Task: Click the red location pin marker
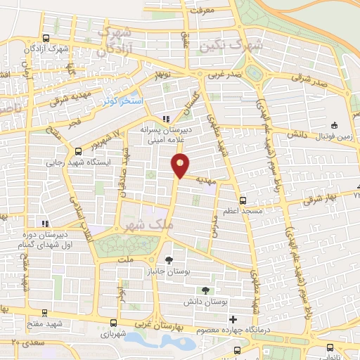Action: [x=181, y=166]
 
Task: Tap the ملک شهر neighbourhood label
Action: [x=147, y=226]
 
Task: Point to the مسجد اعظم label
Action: [x=243, y=211]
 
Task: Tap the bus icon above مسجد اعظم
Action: [x=243, y=199]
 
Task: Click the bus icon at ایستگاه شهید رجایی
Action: [x=78, y=150]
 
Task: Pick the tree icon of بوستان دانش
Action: [x=205, y=290]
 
